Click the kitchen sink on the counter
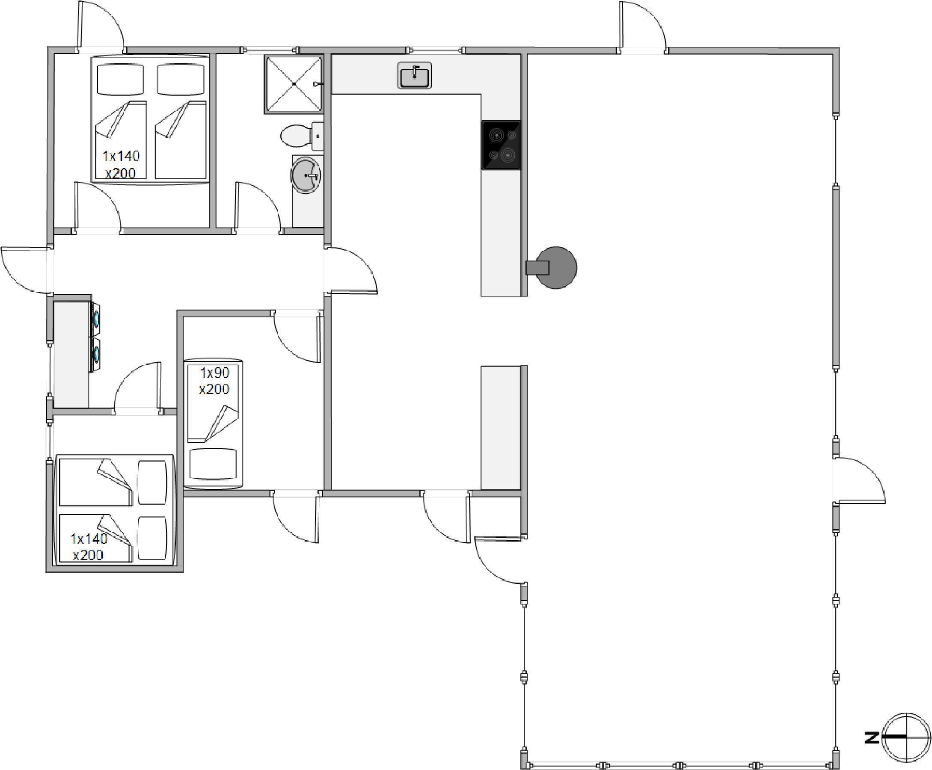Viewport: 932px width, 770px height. pyautogui.click(x=414, y=75)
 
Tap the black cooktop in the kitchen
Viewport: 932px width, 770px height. pyautogui.click(x=501, y=145)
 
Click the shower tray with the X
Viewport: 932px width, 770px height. pyautogui.click(x=294, y=84)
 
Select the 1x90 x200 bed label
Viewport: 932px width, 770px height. pyautogui.click(x=214, y=381)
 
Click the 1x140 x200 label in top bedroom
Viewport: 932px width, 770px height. pyautogui.click(x=121, y=164)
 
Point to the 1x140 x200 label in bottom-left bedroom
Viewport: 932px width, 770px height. pyautogui.click(x=89, y=546)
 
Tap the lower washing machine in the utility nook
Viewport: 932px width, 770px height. pyautogui.click(x=95, y=354)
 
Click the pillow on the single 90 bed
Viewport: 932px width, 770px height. pyautogui.click(x=213, y=464)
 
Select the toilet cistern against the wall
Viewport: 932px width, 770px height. pyautogui.click(x=318, y=136)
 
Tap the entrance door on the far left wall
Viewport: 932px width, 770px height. pyautogui.click(x=25, y=269)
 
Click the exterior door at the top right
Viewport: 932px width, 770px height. pyautogui.click(x=643, y=25)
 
